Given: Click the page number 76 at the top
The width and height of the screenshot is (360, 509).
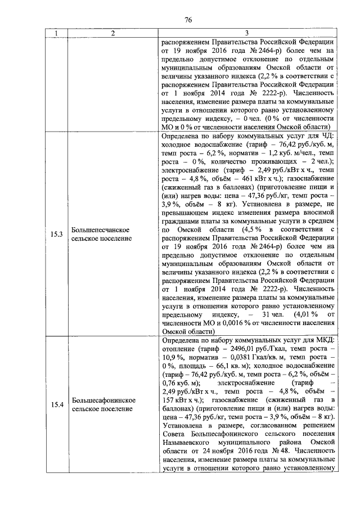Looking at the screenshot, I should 188,20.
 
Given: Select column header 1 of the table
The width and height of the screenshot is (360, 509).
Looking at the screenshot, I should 56,34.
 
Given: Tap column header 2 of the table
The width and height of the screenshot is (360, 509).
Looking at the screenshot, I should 112,34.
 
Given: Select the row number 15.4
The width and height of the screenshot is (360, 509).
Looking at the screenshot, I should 56,404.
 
